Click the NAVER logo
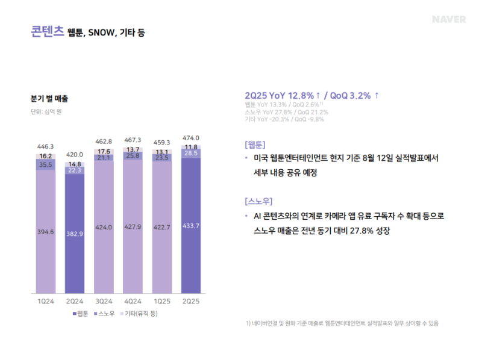(x=449, y=19)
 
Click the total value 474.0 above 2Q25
(x=190, y=138)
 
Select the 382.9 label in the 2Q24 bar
(x=74, y=233)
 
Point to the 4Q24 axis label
(x=132, y=301)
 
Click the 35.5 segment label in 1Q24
(x=45, y=164)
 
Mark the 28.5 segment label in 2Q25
(x=190, y=154)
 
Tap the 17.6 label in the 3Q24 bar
(x=103, y=152)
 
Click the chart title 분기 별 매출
(x=49, y=98)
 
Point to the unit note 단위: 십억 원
(x=46, y=111)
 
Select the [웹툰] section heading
(x=255, y=144)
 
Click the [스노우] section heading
(x=259, y=201)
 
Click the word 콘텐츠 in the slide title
(x=47, y=31)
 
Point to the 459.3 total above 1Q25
(x=161, y=142)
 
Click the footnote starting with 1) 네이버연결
(x=342, y=323)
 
